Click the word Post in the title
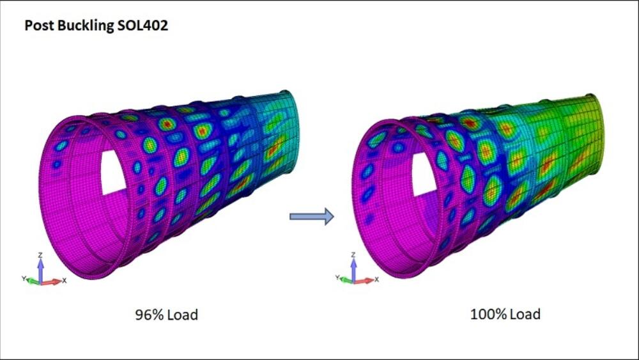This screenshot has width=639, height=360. (x=38, y=26)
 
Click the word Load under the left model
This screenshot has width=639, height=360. (x=182, y=315)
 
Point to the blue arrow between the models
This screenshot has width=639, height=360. (x=312, y=217)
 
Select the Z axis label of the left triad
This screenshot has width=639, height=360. (x=40, y=255)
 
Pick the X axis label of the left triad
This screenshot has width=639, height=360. (x=65, y=280)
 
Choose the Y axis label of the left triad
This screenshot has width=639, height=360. (x=23, y=279)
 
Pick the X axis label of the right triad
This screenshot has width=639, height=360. (x=378, y=280)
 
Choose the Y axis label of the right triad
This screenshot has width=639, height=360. (x=337, y=279)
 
